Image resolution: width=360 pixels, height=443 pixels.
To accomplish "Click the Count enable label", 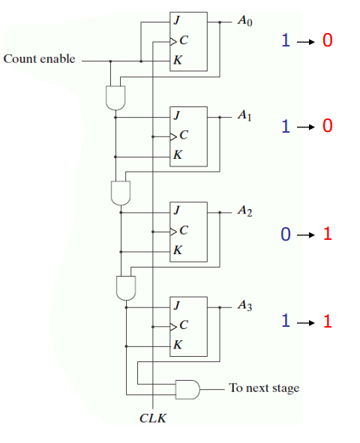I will click(40, 58).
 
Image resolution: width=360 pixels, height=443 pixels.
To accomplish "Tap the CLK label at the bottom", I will click(152, 418).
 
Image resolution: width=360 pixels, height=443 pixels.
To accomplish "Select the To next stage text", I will click(264, 388).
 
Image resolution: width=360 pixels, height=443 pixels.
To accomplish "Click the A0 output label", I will click(244, 22).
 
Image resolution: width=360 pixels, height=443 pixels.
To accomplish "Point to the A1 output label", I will click(244, 116).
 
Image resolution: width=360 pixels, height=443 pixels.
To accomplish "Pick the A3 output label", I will click(244, 305).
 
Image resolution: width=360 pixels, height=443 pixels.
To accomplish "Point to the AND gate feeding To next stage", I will click(187, 388).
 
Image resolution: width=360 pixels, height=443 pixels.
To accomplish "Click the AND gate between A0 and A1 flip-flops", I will click(115, 95).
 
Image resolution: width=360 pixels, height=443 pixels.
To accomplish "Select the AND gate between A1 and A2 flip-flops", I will click(120, 192).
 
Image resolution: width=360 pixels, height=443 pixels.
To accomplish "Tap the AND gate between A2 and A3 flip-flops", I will click(125, 286).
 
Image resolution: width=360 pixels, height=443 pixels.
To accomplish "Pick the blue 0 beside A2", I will click(285, 235).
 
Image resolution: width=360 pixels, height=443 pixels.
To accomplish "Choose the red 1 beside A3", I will click(327, 322).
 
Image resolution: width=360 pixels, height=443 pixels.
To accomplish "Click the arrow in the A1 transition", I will click(306, 126).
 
